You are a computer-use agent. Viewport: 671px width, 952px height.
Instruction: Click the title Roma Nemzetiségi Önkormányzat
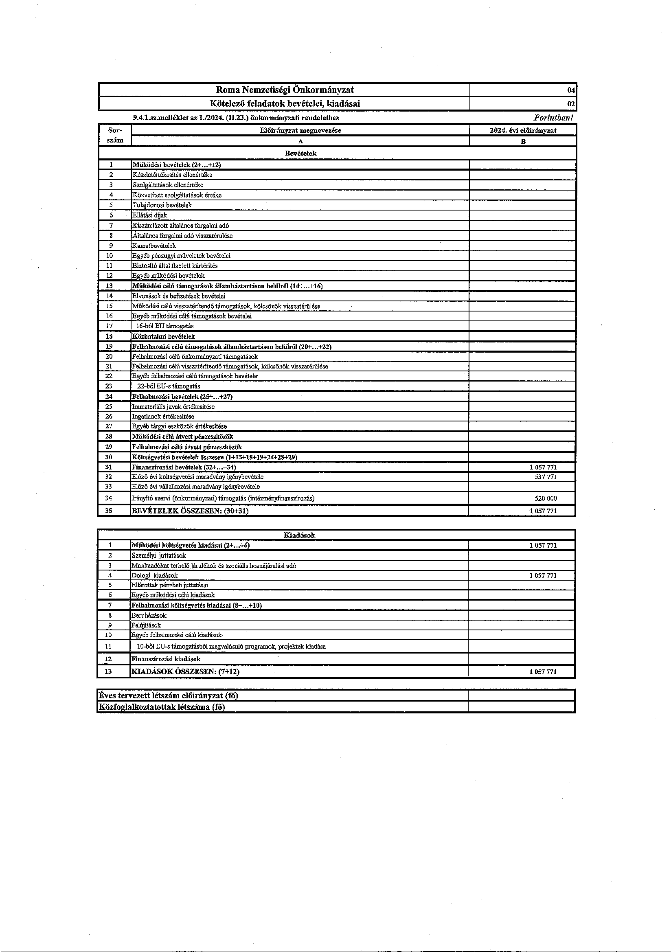(285, 90)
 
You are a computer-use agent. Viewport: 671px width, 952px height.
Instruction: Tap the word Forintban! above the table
(553, 118)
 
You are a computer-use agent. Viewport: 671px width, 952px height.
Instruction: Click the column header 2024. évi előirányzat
(523, 130)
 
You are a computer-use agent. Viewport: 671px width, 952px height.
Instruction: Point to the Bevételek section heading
(300, 153)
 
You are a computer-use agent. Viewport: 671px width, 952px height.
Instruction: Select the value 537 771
(546, 477)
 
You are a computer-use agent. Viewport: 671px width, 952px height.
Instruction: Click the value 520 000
(546, 498)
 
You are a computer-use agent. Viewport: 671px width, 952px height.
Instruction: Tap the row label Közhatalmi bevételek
(163, 336)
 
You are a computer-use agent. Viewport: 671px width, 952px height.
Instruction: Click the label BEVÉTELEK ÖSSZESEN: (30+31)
(190, 511)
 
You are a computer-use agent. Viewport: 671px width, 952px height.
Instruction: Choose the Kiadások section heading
(299, 535)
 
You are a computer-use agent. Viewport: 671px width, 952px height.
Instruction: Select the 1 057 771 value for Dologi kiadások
(543, 575)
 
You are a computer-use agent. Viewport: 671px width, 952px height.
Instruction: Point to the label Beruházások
(149, 615)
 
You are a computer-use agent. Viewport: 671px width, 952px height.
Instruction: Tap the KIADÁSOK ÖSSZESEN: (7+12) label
(185, 672)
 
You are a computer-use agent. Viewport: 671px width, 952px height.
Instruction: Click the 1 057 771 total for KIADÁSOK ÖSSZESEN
(543, 672)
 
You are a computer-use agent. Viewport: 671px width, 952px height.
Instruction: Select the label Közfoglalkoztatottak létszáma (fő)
(162, 707)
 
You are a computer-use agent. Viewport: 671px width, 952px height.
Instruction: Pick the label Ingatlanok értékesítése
(163, 416)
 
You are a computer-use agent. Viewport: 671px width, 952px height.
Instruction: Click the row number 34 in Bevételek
(109, 498)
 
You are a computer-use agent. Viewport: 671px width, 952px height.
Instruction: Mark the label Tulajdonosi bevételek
(162, 205)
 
